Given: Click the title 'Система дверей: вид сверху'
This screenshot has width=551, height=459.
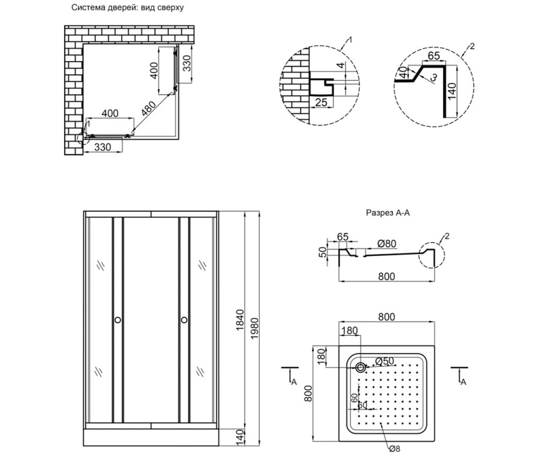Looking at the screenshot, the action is point(128,8).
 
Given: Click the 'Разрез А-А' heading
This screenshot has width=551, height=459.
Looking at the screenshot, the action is point(388,213).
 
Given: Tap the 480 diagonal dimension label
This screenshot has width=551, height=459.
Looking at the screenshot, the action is point(148,108).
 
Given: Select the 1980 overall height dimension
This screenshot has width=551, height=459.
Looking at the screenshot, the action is point(254,329).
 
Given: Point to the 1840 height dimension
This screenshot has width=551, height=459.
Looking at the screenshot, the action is point(240,320).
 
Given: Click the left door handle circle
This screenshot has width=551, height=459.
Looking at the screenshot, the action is point(118,320).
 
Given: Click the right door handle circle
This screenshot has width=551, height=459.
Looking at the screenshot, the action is point(184,320).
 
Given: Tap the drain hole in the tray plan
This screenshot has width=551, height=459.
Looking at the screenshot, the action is point(360,367).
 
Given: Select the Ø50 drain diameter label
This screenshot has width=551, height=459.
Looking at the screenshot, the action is point(384,361).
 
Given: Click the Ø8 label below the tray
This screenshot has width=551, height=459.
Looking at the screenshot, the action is point(395,448).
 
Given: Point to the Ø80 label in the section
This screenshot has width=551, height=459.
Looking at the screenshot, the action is point(387,243).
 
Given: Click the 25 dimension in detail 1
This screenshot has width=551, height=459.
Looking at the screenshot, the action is point(321,102).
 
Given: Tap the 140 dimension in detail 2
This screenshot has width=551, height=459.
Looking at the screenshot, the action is point(452,91).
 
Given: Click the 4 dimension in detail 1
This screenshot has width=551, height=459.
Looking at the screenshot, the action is point(341,65).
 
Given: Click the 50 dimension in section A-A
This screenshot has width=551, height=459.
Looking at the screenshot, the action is point(323,252).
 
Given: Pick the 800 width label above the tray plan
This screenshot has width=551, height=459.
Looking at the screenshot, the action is point(387,317).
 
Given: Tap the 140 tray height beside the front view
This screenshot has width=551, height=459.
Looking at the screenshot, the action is point(240,437).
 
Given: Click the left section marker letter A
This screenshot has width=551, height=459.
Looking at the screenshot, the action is point(294,381).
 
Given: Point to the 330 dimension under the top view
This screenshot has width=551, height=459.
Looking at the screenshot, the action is point(103,147).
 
